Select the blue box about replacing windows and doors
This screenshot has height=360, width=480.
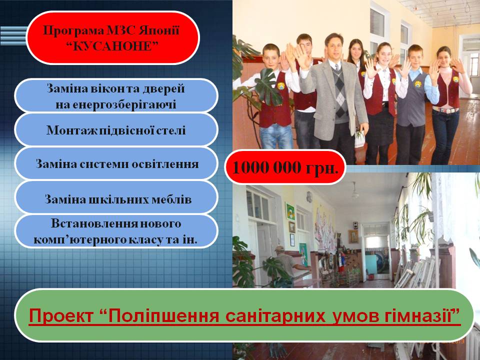pyautogui.click(x=116, y=96)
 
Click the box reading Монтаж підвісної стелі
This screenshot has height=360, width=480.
pyautogui.click(x=116, y=130)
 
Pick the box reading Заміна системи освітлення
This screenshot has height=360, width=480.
pyautogui.click(x=116, y=164)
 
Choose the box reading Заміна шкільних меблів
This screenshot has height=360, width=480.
pyautogui.click(x=116, y=198)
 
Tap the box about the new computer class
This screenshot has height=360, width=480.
pyautogui.click(x=116, y=231)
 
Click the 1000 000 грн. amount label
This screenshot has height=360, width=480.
pyautogui.click(x=285, y=167)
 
